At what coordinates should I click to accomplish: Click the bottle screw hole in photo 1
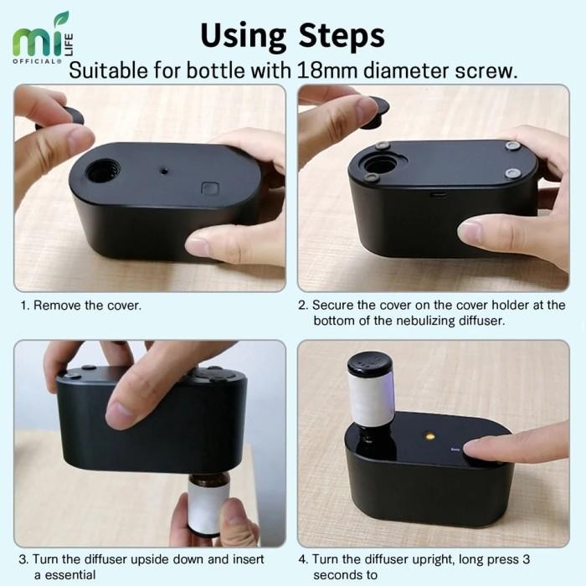(x=102, y=171)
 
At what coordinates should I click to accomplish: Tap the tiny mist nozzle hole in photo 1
(x=164, y=171)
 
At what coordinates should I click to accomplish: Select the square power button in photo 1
(x=210, y=188)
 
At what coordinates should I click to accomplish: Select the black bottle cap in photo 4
(x=371, y=365)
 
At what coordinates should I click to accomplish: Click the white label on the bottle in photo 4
(x=371, y=400)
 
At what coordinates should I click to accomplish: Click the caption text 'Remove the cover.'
(x=87, y=306)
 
